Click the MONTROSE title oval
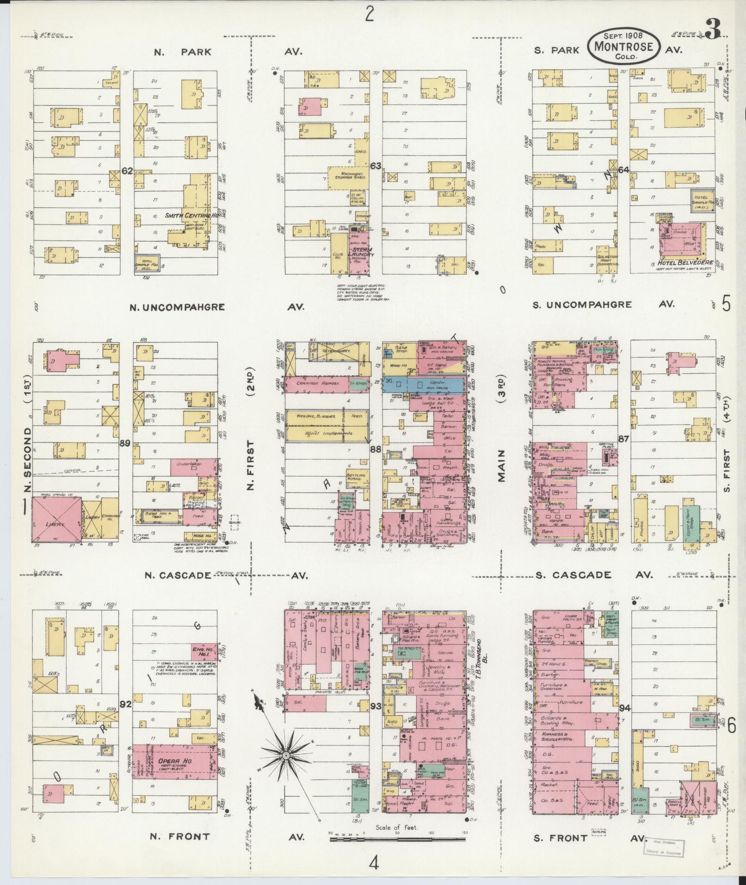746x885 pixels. point(624,46)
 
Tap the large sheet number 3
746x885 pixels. point(713,31)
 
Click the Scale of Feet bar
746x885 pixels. point(398,838)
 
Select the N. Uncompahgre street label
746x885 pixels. point(177,307)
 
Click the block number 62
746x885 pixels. point(127,171)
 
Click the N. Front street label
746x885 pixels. point(180,836)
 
